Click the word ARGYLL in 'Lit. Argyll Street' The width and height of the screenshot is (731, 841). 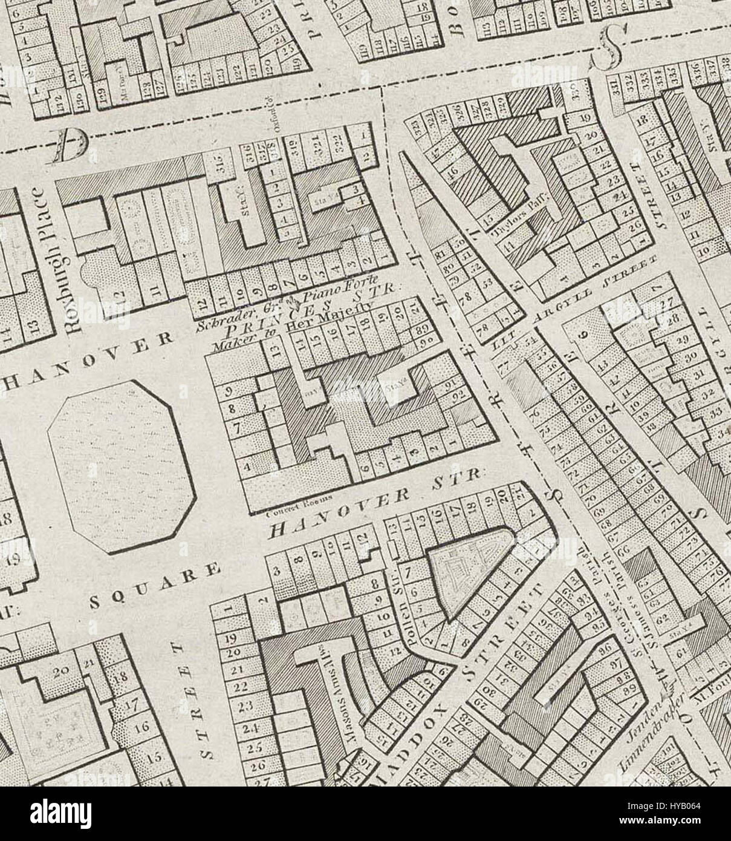coord(567,303)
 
